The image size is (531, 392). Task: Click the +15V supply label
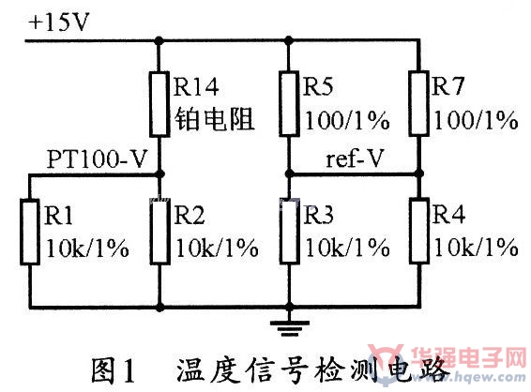pyautogui.click(x=59, y=23)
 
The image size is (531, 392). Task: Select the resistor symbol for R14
pyautogui.click(x=159, y=104)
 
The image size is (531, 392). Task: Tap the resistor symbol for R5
pyautogui.click(x=289, y=103)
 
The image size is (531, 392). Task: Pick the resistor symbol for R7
pyautogui.click(x=419, y=103)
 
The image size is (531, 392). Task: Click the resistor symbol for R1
pyautogui.click(x=30, y=233)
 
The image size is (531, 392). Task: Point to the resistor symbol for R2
pyautogui.click(x=159, y=232)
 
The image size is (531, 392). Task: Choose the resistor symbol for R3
pyautogui.click(x=290, y=232)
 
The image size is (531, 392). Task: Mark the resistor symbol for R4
pyautogui.click(x=419, y=232)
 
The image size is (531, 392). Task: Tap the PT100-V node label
pyautogui.click(x=97, y=158)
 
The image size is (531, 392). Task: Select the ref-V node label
pyautogui.click(x=354, y=158)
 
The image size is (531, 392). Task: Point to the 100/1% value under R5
pyautogui.click(x=347, y=120)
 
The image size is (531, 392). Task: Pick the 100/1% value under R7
pyautogui.click(x=476, y=120)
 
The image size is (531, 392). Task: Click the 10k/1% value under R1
pyautogui.click(x=87, y=249)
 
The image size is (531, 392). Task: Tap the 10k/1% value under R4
pyautogui.click(x=476, y=248)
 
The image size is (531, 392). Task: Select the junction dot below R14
pyautogui.click(x=159, y=174)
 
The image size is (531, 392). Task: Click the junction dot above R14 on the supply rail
pyautogui.click(x=159, y=41)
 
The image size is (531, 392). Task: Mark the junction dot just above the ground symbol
pyautogui.click(x=289, y=307)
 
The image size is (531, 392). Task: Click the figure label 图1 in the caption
pyautogui.click(x=114, y=371)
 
